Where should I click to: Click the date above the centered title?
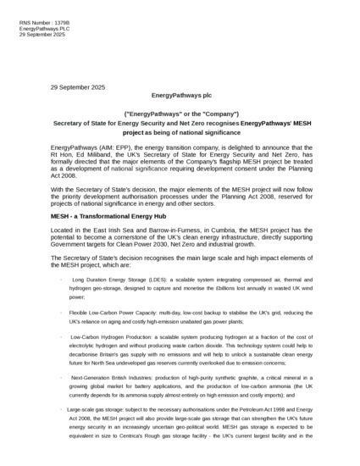(78, 87)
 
